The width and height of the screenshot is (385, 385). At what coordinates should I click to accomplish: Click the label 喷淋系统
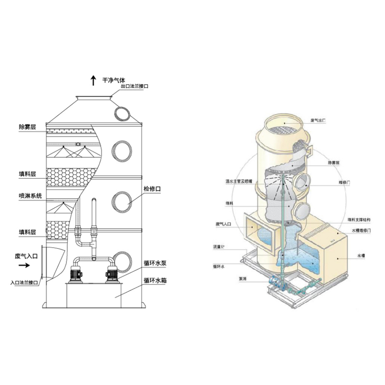coord(30,196)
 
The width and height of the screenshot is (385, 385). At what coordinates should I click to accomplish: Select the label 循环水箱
coord(155,279)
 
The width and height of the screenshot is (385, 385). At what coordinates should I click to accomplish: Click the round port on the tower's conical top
coord(122,114)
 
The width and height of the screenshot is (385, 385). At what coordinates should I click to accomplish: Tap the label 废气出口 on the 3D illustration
coord(318,121)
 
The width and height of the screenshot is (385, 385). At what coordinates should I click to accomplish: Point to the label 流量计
coord(219,247)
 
